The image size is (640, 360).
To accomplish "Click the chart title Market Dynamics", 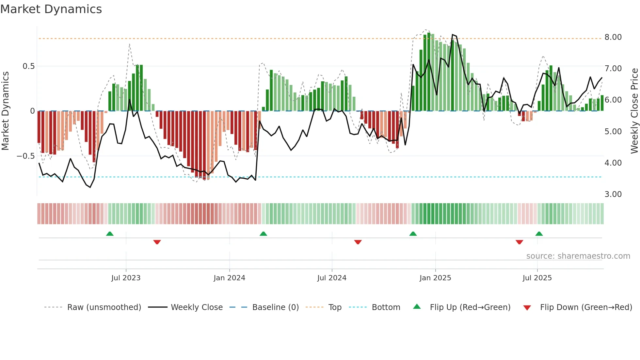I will [x=51, y=9].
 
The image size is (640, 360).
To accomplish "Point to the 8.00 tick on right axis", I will [x=613, y=37].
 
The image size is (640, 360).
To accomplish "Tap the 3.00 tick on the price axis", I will [x=613, y=194].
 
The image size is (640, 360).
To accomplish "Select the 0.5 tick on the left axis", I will [x=28, y=66].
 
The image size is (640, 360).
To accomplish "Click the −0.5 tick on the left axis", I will [x=26, y=156].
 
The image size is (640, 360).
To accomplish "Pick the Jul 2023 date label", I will [x=126, y=278].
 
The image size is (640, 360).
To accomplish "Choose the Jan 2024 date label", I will [x=229, y=278].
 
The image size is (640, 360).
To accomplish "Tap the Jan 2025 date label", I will [x=435, y=278].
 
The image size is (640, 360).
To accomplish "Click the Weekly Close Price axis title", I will [x=634, y=111].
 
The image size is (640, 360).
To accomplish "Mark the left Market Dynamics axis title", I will [x=5, y=111].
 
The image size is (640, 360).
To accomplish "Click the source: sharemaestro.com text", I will [x=578, y=256].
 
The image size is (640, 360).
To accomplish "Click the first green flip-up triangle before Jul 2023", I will [x=110, y=234].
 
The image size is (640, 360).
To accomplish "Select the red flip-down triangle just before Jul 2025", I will [x=519, y=242].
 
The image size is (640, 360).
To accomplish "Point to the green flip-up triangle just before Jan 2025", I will [x=413, y=234].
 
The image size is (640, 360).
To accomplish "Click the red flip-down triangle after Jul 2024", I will [x=358, y=242].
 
